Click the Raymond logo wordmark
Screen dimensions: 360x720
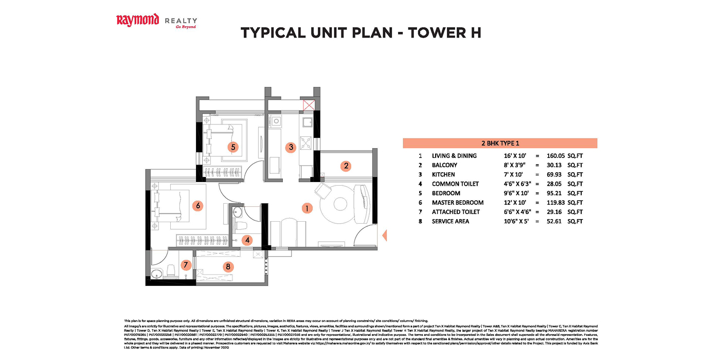click(137, 21)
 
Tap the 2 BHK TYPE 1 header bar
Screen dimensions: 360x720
click(499, 143)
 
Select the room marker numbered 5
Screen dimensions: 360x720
click(233, 147)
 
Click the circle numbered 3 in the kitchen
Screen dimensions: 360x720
click(291, 147)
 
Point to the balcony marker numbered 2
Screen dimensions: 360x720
click(346, 166)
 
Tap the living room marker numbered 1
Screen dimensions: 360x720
click(307, 208)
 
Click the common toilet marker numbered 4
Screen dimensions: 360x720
click(247, 240)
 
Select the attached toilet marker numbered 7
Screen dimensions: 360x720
click(186, 265)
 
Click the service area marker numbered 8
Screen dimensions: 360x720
click(227, 266)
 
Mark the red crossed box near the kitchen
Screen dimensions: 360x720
click(309, 106)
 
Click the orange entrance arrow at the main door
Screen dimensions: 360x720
click(383, 236)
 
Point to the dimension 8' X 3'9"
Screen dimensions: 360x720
click(517, 165)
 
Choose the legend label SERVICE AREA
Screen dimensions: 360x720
click(450, 221)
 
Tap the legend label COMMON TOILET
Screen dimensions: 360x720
click(455, 184)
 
